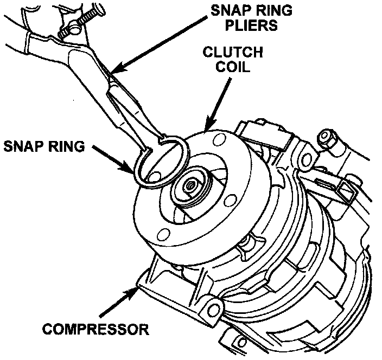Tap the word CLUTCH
pos(232,53)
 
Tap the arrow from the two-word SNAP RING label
pos(113,160)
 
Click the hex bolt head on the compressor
pos(330,140)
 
